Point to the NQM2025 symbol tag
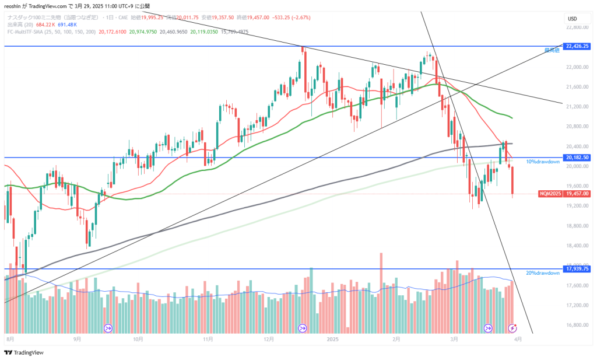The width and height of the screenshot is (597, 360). pos(550,193)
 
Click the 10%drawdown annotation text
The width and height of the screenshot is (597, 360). pos(543,162)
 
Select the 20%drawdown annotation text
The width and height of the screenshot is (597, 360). pos(543,273)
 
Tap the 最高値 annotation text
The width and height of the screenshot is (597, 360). pos(552,50)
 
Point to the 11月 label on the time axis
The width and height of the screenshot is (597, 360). pos(208,338)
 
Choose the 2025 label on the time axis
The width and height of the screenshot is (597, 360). pos(333,338)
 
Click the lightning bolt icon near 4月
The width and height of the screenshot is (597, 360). pos(512,328)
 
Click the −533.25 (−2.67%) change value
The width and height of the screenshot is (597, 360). pos(292,18)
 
